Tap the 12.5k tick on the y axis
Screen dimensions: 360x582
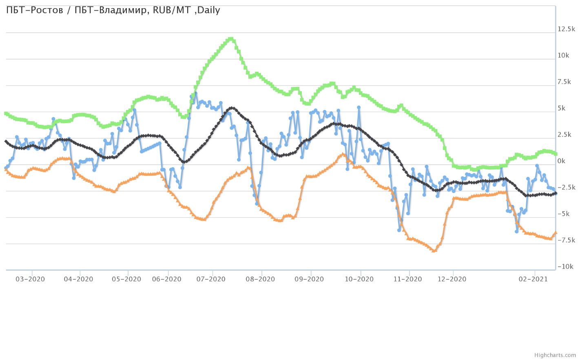click(566, 29)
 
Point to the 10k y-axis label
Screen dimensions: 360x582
click(563, 55)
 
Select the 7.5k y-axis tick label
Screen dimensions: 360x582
click(564, 82)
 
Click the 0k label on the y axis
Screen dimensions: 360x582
click(561, 161)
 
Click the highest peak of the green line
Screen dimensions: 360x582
click(231, 39)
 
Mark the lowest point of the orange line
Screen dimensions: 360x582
click(434, 251)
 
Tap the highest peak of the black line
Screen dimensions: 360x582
click(232, 108)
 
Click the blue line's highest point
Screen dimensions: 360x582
click(195, 93)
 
